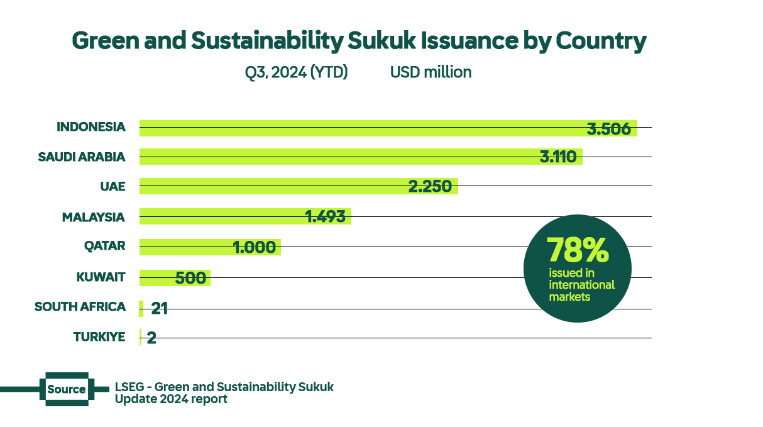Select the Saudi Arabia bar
[x=339, y=157]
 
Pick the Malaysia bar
[x=220, y=216]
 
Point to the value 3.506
[x=608, y=129]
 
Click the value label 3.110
[x=558, y=157]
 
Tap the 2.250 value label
[x=430, y=186]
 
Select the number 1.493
[x=325, y=216]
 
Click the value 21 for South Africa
[x=159, y=308]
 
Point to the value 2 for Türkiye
[x=151, y=338]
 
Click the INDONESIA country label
[x=91, y=127]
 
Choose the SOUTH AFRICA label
[x=80, y=307]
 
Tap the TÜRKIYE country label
[x=99, y=337]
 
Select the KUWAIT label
[x=101, y=277]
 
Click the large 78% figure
[x=577, y=250]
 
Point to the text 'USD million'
[x=431, y=72]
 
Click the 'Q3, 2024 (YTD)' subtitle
[x=296, y=72]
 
